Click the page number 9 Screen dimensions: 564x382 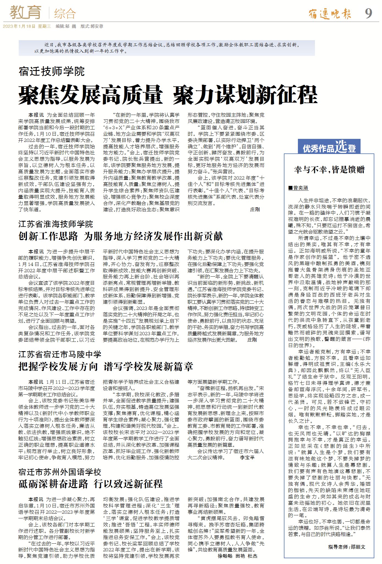click(x=368, y=13)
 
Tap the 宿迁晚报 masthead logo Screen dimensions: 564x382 click(x=330, y=13)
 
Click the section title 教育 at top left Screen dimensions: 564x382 click(x=26, y=12)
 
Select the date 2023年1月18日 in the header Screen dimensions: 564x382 click(x=19, y=26)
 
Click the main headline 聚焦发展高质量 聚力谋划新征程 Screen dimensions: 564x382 click(x=168, y=95)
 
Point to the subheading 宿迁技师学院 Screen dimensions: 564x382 click(x=51, y=71)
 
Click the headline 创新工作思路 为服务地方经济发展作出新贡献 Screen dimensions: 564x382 click(x=120, y=236)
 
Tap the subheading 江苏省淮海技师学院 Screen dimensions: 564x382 click(x=56, y=224)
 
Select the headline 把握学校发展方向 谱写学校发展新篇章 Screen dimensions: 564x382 click(x=106, y=367)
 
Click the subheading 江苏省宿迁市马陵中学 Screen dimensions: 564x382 click(x=60, y=354)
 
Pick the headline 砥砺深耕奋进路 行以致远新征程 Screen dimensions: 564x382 click(x=90, y=484)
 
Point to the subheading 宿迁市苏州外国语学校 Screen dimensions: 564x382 click(x=60, y=472)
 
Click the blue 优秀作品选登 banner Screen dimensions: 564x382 click(x=329, y=147)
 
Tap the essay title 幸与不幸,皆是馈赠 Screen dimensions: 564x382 click(x=329, y=170)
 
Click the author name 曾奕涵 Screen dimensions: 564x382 click(x=300, y=188)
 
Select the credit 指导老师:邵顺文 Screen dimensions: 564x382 click(x=347, y=547)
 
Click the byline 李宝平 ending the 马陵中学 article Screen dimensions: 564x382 click(x=247, y=458)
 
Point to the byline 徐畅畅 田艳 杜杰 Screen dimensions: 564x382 click(x=237, y=556)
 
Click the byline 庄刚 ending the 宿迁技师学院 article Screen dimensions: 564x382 click(x=255, y=210)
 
